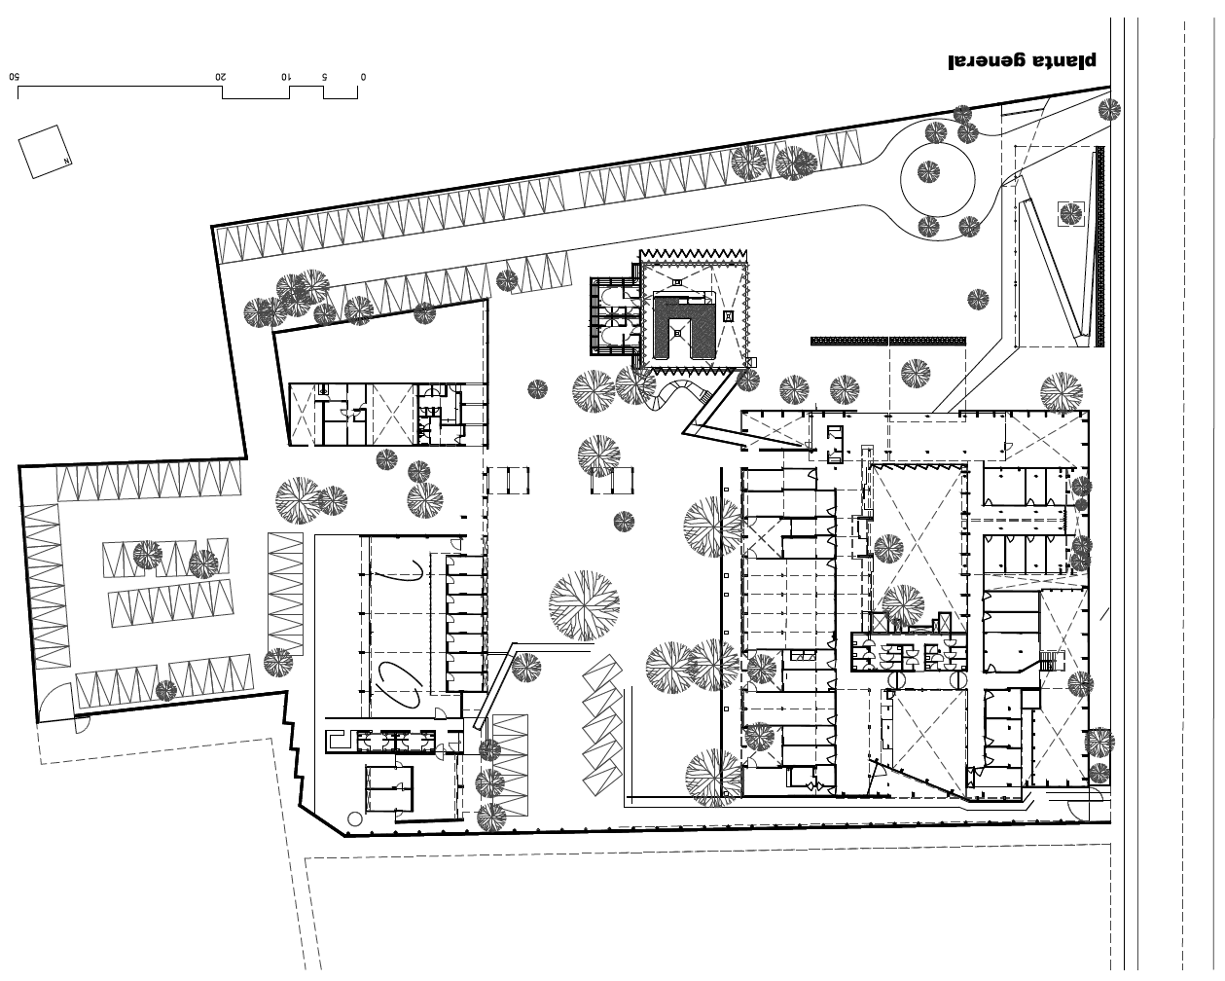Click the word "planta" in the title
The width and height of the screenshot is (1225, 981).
[x=1063, y=61]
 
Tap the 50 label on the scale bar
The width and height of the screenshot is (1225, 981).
[x=15, y=77]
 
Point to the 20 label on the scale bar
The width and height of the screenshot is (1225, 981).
[x=220, y=77]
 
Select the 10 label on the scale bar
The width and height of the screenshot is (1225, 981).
[x=286, y=77]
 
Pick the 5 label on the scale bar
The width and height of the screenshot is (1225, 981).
[x=324, y=77]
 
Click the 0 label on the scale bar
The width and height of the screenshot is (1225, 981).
[x=363, y=77]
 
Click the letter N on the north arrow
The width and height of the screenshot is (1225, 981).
[x=66, y=162]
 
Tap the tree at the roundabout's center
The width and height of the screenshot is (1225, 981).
[x=928, y=171]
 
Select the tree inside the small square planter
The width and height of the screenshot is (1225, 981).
[x=1070, y=214]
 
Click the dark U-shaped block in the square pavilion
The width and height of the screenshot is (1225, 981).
[x=683, y=328]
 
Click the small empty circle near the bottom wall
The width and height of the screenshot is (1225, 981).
[x=354, y=819]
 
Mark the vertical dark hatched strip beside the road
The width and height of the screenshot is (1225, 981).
[x=1099, y=246]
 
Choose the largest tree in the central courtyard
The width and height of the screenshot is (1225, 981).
[x=584, y=605]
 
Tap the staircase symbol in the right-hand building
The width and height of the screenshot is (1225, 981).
[x=1049, y=661]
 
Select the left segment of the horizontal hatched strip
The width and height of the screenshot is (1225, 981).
[x=849, y=341]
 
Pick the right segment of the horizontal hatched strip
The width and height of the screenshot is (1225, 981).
[x=928, y=341]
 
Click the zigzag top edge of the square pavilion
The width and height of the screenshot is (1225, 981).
[x=693, y=254]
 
